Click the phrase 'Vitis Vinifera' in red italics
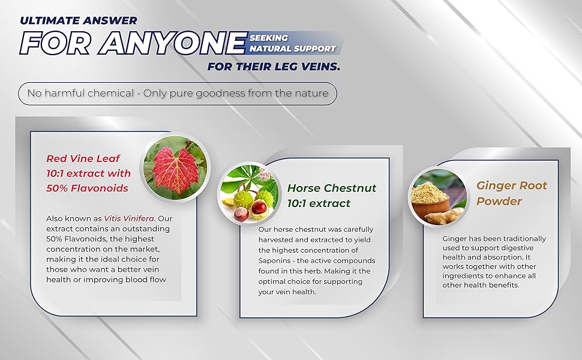(x=128, y=218)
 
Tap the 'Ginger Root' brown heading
(x=512, y=185)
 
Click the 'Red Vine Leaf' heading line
(x=83, y=158)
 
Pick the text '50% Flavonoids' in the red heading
(x=87, y=188)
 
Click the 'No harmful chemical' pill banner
(x=178, y=93)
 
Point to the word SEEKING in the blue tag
(x=269, y=38)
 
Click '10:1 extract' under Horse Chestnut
(x=319, y=203)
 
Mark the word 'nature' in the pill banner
(x=311, y=93)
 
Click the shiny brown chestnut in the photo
(x=259, y=208)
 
